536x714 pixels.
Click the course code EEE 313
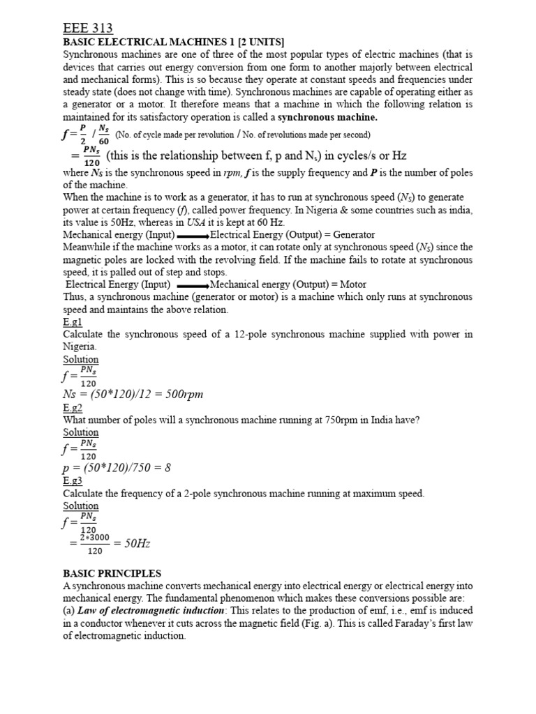(x=88, y=28)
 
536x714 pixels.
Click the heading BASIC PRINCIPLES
(x=112, y=573)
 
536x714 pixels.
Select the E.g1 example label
(x=73, y=323)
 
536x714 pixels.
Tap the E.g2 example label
(x=73, y=407)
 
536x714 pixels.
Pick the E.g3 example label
(x=73, y=480)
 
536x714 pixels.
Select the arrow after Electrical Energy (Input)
(x=192, y=284)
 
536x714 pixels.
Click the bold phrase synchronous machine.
(x=327, y=116)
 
